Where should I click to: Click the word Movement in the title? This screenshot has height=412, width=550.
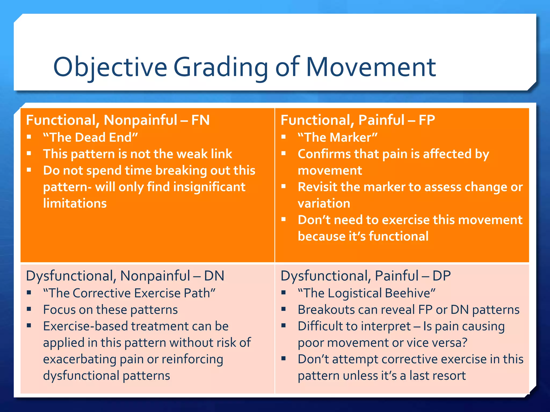(371, 67)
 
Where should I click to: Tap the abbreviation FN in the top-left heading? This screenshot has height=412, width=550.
(200, 120)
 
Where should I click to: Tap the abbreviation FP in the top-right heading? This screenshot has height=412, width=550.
(427, 120)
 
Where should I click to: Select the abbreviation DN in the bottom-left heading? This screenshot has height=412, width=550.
(214, 276)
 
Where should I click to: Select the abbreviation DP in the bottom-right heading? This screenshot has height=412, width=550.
(442, 276)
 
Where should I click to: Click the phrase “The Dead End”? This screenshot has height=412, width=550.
(91, 137)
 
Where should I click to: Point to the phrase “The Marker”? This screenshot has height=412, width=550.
(338, 137)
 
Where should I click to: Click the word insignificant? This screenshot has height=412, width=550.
(209, 187)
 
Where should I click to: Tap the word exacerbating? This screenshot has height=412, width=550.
(79, 359)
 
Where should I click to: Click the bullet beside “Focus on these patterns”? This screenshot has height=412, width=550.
(29, 309)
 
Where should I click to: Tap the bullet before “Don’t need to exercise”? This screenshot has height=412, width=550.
(284, 219)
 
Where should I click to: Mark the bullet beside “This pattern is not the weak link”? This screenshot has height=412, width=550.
(29, 153)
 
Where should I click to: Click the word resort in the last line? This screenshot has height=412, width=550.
(451, 376)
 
